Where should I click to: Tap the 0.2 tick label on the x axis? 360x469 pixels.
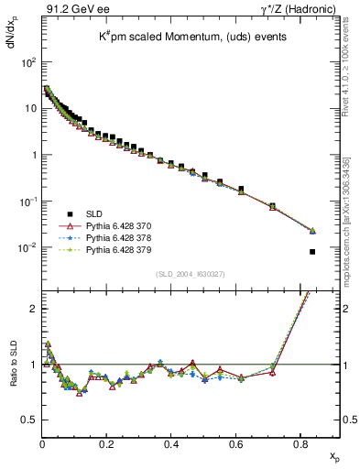coord(106,442)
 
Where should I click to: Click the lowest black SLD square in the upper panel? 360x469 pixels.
coord(312,252)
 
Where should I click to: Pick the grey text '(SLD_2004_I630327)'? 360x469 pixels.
coord(190,274)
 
